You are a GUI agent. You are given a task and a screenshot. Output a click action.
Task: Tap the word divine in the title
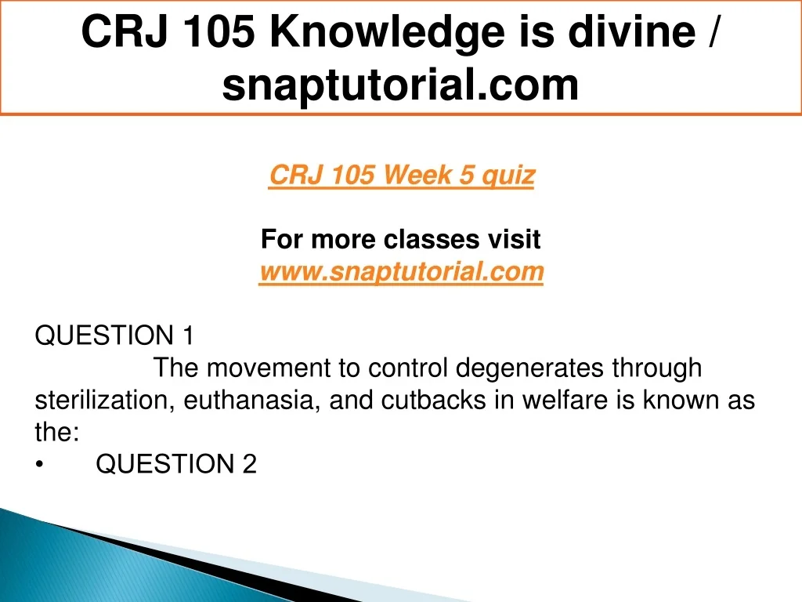[x=631, y=31]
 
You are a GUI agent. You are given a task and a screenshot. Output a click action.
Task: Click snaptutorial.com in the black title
[x=400, y=85]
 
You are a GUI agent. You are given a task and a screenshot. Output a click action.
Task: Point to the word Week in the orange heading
[x=418, y=175]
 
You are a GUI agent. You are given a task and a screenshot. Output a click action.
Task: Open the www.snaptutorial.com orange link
[x=401, y=271]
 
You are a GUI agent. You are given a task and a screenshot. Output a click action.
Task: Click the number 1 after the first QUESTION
[x=188, y=335]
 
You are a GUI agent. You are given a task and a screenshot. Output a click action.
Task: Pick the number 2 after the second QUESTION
[x=249, y=464]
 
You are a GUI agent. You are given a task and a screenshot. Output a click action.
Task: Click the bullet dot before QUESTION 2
[x=39, y=464]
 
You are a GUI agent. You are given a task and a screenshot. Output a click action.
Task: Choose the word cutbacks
[x=434, y=400]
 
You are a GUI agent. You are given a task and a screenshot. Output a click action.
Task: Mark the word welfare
[x=565, y=400]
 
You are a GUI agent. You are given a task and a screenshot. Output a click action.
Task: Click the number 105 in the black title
[x=219, y=32]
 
